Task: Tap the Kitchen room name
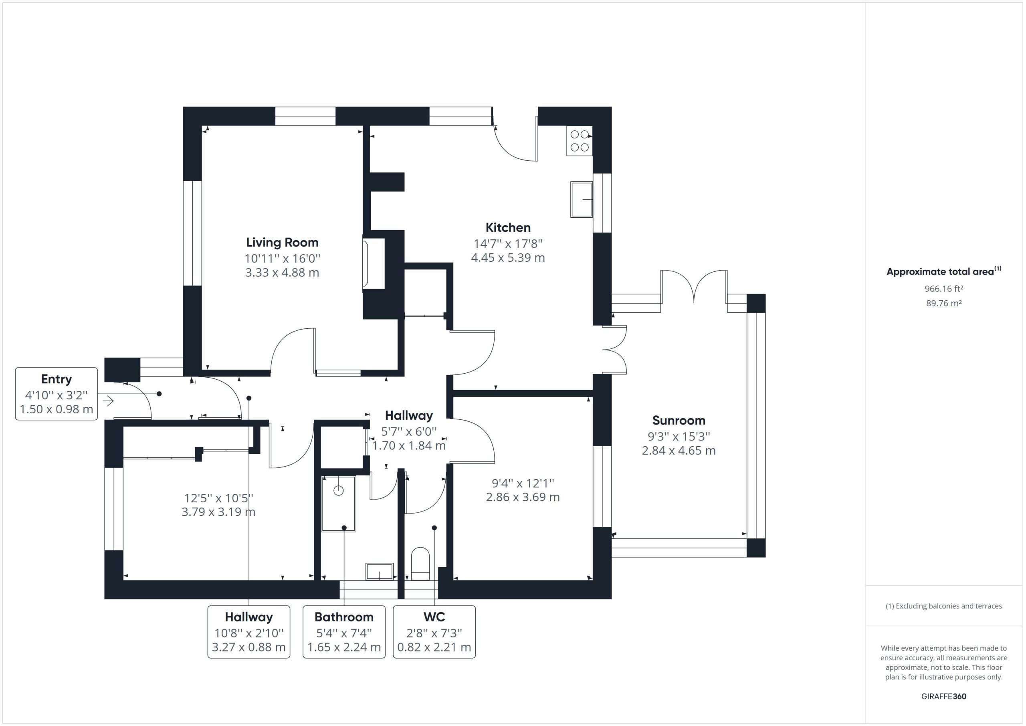(x=508, y=228)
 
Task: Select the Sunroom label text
(x=679, y=420)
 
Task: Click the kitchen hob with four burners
(x=580, y=141)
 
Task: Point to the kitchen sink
(x=582, y=199)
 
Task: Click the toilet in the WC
(x=420, y=564)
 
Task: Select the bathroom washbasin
(x=380, y=571)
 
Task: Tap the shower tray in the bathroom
(x=339, y=504)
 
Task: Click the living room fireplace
(x=374, y=264)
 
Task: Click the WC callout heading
(x=434, y=617)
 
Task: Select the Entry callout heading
(x=56, y=379)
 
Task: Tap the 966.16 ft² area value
(x=944, y=289)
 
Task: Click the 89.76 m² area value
(x=944, y=303)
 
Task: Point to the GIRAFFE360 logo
(x=944, y=696)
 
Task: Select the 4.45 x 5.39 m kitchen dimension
(x=508, y=257)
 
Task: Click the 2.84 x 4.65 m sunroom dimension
(x=679, y=450)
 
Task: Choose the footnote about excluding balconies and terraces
(x=944, y=606)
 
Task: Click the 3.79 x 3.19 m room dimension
(x=218, y=512)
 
